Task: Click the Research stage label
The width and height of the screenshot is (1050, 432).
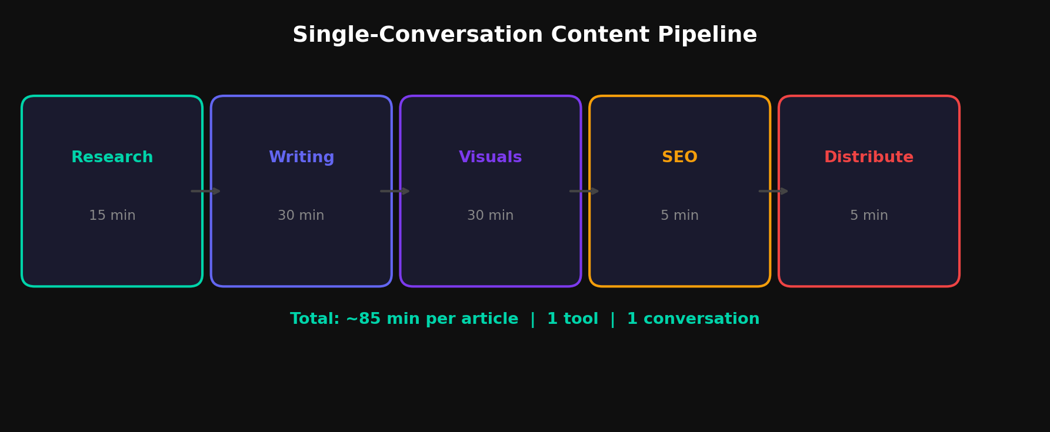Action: (112, 158)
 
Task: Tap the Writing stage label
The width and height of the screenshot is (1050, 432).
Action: (301, 158)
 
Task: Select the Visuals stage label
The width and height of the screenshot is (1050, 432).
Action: (490, 158)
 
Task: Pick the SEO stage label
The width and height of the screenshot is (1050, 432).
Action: (679, 158)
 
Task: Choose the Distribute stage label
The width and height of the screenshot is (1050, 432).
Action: (868, 158)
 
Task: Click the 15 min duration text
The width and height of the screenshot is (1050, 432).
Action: (112, 216)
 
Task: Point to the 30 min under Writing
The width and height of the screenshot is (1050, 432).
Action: (301, 216)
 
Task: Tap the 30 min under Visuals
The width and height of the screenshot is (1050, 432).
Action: (490, 216)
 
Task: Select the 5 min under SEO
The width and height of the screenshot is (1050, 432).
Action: (679, 216)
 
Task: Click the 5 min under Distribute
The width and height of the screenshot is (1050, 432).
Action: (868, 216)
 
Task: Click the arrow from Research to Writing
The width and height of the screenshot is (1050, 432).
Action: (205, 191)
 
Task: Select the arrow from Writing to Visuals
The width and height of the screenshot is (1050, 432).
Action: (395, 191)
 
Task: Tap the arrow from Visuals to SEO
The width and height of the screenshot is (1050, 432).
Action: (584, 191)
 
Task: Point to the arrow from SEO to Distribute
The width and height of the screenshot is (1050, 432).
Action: (773, 191)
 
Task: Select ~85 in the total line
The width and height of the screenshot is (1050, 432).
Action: (362, 319)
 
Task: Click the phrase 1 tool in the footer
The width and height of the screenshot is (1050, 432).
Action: (572, 319)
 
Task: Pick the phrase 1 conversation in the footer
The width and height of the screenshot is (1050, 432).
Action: (693, 319)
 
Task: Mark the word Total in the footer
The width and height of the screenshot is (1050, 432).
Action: (314, 319)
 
